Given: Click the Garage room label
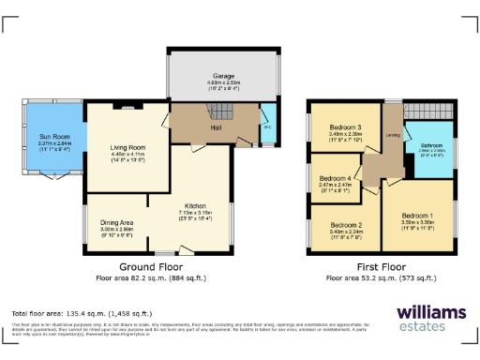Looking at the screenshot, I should pos(222,78).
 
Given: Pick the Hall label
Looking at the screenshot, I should pos(215,126).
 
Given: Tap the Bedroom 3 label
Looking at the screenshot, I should pos(346,126).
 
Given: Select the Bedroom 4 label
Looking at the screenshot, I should pos(336,178).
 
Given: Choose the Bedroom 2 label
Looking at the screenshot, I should pos(346,225).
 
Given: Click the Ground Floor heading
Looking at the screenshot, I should pos(150,267).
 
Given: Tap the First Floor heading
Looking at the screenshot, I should pos(379,267).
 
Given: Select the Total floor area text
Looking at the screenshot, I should pos(77,313).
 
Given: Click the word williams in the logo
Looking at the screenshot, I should pos(431,311).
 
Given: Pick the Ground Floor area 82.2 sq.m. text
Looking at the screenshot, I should pos(150,278).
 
